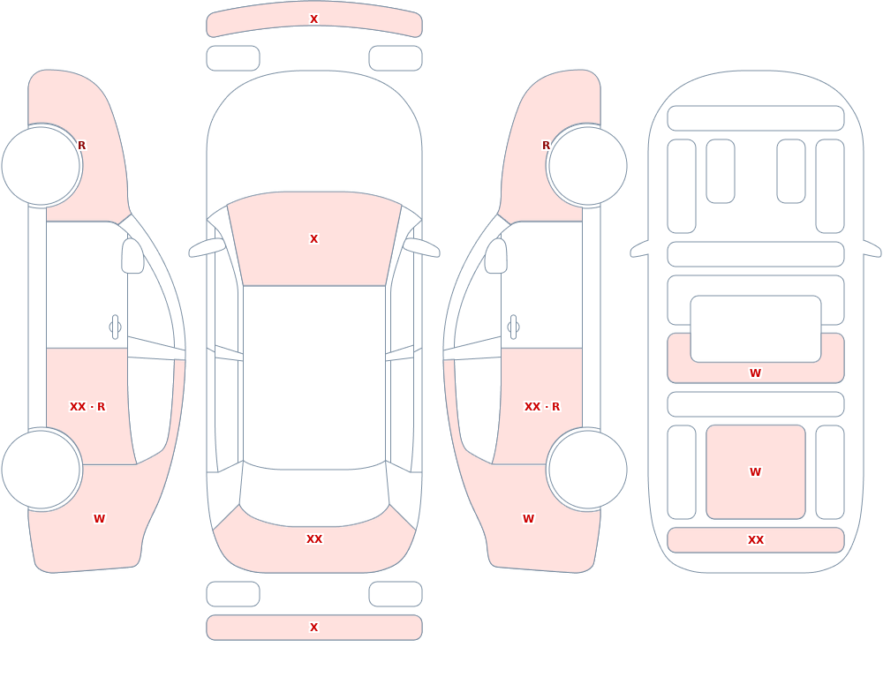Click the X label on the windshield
pos(313,239)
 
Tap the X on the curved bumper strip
pos(313,19)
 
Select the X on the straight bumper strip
pos(313,628)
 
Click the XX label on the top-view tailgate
pos(314,539)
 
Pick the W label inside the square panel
pos(755,472)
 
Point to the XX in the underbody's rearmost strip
pos(755,540)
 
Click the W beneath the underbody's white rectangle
pos(755,373)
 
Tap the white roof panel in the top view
pos(314,377)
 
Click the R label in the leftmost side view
pos(81,146)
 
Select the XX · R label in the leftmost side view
pos(87,407)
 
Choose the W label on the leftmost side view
pos(99,519)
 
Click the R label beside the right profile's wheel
pos(546,146)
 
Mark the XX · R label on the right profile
pos(542,407)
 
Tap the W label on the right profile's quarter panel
pos(528,519)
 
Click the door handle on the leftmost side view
pos(115,327)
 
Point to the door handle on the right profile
pos(513,327)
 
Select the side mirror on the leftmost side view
pos(132,256)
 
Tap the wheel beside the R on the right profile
pos(587,166)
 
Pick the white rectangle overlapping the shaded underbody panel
pos(756,329)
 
